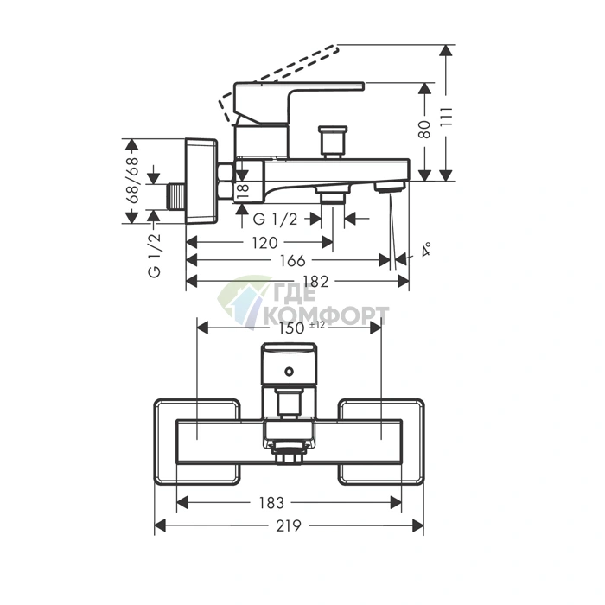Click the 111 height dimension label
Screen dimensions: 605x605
pos(447,117)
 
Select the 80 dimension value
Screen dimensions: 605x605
pos(425,130)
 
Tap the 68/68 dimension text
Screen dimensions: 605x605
pos(132,180)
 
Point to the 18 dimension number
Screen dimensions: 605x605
pos(243,192)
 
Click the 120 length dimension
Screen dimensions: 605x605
pos(264,243)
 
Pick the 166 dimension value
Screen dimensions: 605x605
pos(292,261)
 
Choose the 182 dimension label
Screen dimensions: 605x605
pos(316,282)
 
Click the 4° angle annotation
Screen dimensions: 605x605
pos(426,249)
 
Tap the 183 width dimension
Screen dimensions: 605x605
pos(271,503)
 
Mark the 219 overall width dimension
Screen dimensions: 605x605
pos(289,525)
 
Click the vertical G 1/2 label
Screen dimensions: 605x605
pos(154,255)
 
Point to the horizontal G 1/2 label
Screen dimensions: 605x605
pos(275,220)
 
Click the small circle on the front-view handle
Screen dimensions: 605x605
pos(289,372)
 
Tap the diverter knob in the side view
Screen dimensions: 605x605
pos(332,142)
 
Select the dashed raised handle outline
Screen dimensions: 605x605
pos(278,84)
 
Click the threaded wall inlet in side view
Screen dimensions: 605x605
pos(176,197)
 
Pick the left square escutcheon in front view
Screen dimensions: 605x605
pos(197,442)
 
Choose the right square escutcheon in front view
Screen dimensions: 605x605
pos(381,442)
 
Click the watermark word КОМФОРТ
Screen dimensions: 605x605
pos(327,315)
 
